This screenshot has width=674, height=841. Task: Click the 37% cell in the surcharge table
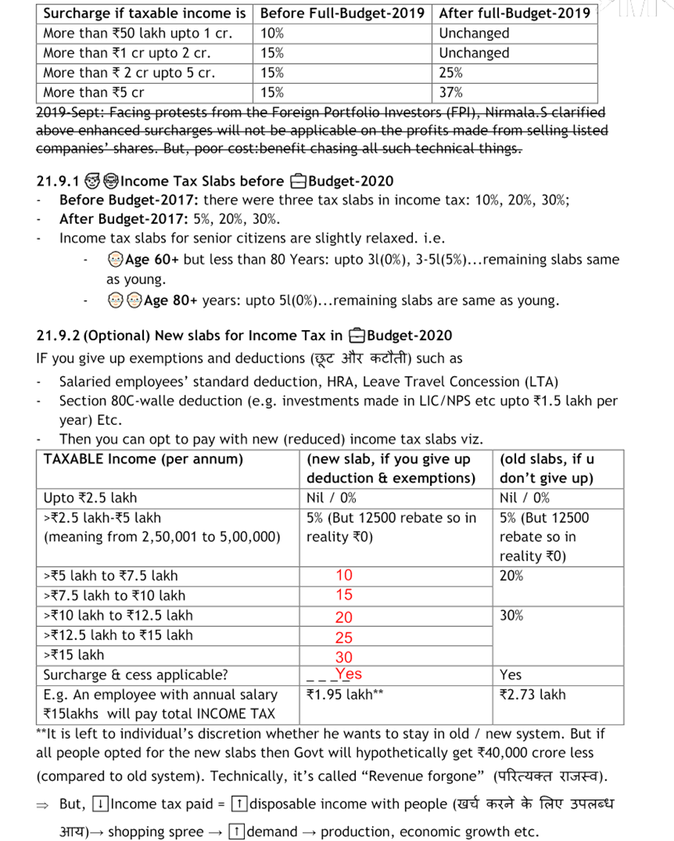pos(451,93)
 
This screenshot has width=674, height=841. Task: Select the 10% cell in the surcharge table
pos(272,33)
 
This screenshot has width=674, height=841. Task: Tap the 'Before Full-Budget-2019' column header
pos(342,13)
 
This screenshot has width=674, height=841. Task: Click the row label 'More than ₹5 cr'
pos(93,93)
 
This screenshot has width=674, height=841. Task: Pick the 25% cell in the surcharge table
pos(451,73)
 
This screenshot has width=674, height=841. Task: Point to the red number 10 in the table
pos(344,575)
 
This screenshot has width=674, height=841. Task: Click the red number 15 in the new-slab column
pos(344,595)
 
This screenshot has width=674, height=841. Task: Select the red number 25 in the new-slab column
pos(344,637)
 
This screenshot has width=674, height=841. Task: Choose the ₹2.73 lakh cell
pos(532,695)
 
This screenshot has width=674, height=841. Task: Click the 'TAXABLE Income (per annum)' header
pos(143,459)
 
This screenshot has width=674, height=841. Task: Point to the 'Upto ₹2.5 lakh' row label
pos(90,498)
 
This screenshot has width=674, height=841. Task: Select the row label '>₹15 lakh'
pos(74,655)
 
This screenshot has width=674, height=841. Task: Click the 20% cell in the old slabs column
pos(512,575)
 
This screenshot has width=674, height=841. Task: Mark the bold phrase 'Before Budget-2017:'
pos(129,200)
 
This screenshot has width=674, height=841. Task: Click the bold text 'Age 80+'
pos(170,300)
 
